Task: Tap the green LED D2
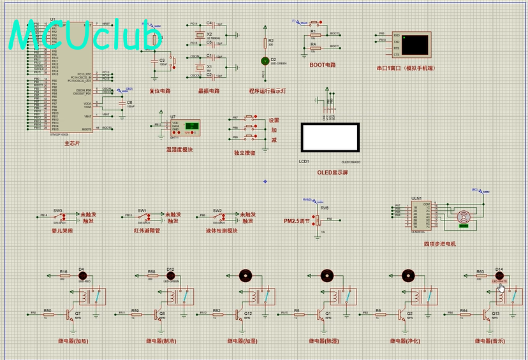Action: tap(265, 61)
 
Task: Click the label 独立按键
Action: tap(244, 153)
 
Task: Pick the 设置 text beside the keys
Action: tap(274, 120)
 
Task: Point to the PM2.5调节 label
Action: tap(297, 221)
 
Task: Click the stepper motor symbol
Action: tap(464, 217)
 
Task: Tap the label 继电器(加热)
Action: tap(72, 341)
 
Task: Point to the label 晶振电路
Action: tap(208, 90)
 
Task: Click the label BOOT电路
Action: tap(322, 65)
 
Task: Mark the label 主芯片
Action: tap(72, 144)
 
